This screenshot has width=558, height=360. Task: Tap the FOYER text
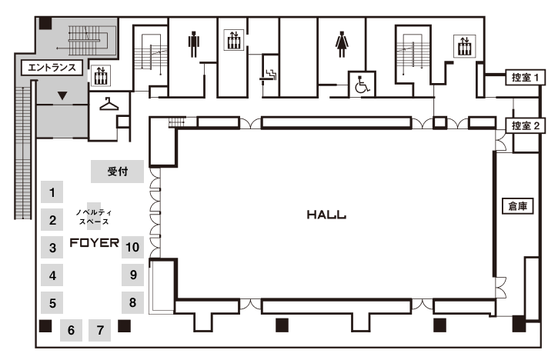pos(95,245)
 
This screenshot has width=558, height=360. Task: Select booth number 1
pos(52,192)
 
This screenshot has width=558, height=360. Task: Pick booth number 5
pos(52,302)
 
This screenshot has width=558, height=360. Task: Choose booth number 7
pos(100,331)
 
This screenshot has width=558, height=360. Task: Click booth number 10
pos(133,247)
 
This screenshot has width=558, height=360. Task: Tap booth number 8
pos(133,302)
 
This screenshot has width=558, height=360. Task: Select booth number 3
pos(52,248)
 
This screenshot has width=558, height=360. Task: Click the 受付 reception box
pos(117,172)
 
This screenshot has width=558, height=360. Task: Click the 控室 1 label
pos(526,77)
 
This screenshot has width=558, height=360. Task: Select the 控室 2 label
pos(526,125)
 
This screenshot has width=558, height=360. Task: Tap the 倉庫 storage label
pos(516,205)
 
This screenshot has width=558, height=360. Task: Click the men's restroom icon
pos(192,45)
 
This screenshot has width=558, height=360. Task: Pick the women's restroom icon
pos(341,45)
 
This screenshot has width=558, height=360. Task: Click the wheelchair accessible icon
pos(362,85)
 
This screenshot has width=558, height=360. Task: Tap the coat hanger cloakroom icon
pos(108,102)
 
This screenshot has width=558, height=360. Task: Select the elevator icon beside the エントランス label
pos(101,75)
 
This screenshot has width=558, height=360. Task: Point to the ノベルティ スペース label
pos(93,216)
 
